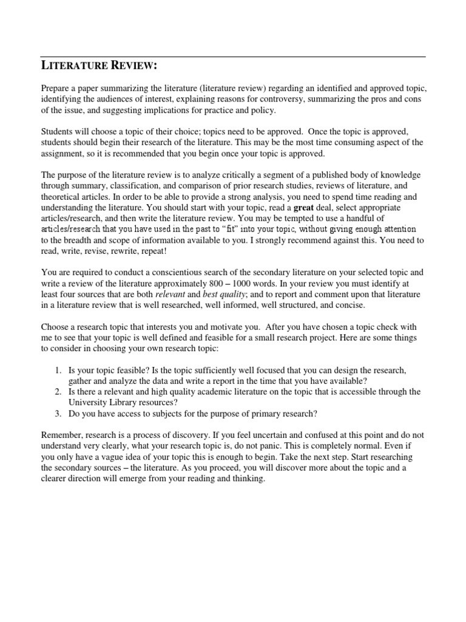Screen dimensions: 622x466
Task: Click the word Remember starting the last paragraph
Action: tap(61, 436)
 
